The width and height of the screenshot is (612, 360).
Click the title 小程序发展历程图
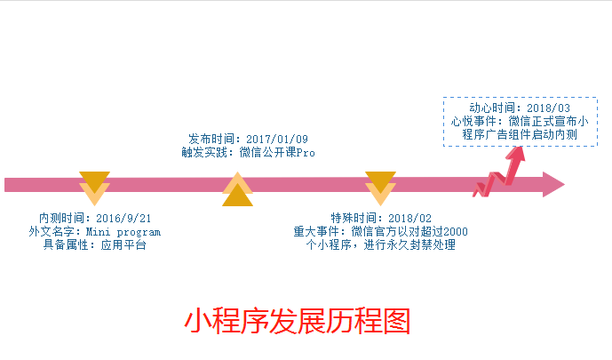point(298,321)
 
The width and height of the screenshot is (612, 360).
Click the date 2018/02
point(410,219)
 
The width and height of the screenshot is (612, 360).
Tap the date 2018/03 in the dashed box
point(547,108)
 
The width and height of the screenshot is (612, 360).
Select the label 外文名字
point(51,231)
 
